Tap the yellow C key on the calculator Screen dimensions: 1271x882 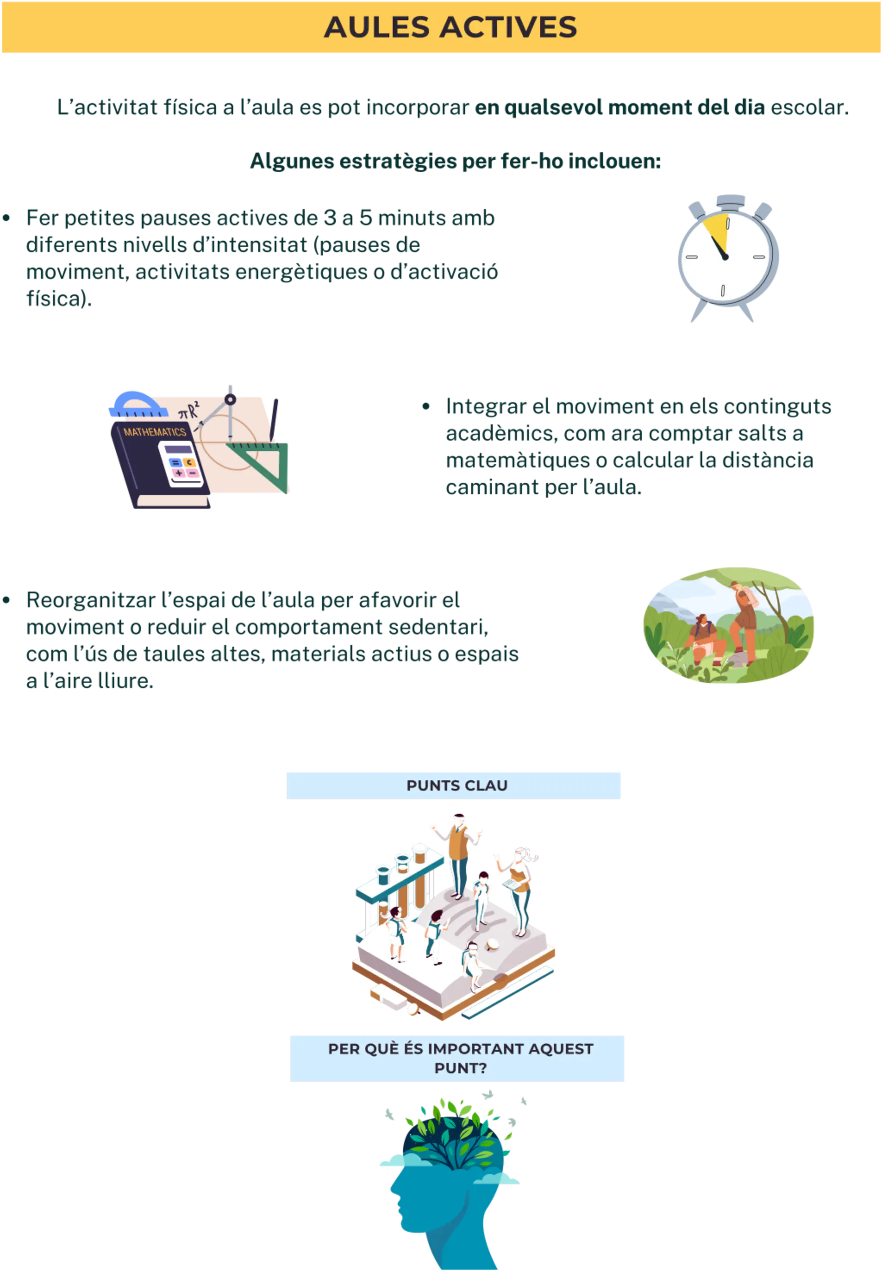pyautogui.click(x=189, y=462)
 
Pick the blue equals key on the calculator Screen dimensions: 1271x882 pyautogui.click(x=175, y=462)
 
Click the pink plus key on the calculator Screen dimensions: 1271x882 pyautogui.click(x=179, y=474)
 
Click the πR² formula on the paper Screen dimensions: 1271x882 pyautogui.click(x=188, y=411)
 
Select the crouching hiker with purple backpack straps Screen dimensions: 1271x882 pyautogui.click(x=704, y=635)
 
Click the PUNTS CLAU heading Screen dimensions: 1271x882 pyautogui.click(x=457, y=785)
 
